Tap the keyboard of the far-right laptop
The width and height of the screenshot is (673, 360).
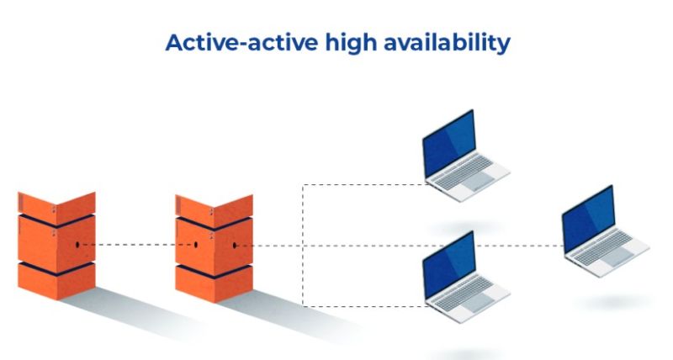tap(613, 251)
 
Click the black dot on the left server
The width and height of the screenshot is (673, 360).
tap(77, 245)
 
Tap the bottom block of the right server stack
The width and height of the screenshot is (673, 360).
tap(214, 282)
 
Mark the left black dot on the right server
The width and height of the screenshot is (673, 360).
tap(196, 245)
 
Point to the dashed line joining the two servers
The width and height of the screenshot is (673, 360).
tap(135, 245)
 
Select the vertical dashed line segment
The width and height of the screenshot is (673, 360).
tap(303, 214)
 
